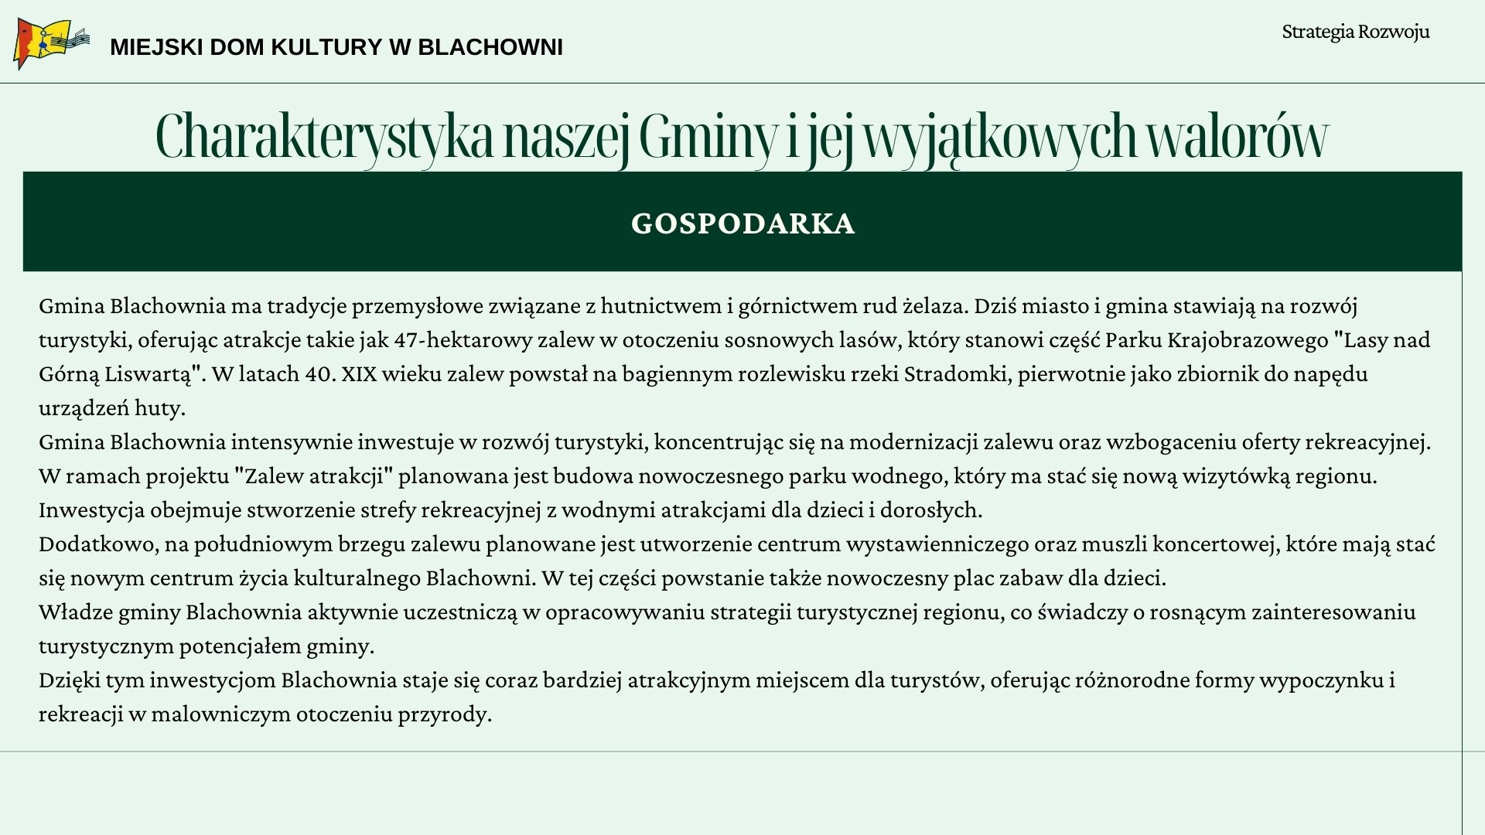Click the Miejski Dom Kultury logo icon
click(x=49, y=43)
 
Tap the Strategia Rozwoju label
click(x=1355, y=32)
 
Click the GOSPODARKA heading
click(x=742, y=223)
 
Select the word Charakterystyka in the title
click(x=324, y=137)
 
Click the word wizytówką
click(x=1235, y=476)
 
